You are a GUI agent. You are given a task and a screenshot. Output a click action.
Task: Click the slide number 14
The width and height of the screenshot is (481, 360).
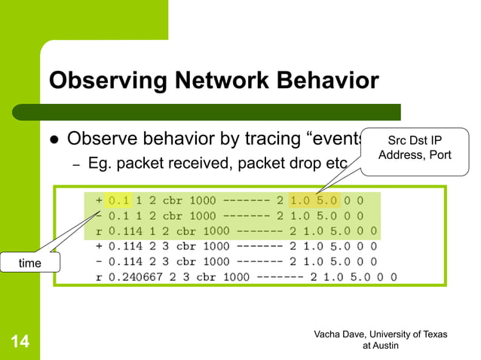tap(20, 343)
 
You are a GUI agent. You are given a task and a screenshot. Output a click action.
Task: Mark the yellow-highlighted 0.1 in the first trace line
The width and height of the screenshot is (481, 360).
tap(119, 200)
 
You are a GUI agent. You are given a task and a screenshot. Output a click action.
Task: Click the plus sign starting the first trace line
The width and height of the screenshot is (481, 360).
tap(99, 200)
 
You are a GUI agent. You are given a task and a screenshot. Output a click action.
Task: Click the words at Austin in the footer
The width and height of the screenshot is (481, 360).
tap(381, 346)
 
